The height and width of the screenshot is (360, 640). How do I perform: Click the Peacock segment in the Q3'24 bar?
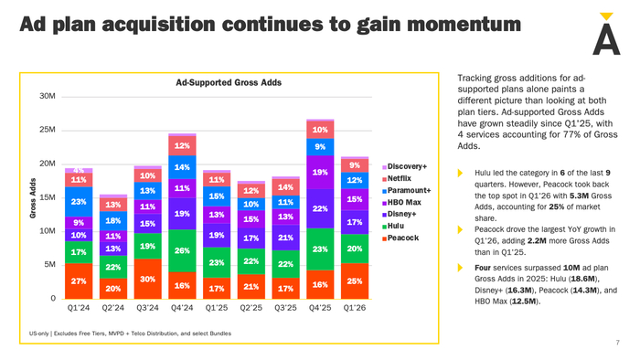coord(147,279)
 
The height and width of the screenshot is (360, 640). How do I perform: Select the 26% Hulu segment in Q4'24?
coord(182,250)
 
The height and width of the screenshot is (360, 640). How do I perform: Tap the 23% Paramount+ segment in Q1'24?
coord(79,202)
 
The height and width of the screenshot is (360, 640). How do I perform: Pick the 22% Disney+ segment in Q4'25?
coord(320,208)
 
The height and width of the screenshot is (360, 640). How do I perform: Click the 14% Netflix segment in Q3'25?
coord(285,187)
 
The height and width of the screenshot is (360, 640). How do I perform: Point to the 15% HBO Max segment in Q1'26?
coord(355,199)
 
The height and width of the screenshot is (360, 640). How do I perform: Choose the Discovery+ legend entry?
coord(404,166)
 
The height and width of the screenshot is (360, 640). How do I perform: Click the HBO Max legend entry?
coord(401,202)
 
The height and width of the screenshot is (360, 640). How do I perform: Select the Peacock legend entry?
coord(400,238)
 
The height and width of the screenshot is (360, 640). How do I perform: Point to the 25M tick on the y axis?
coord(48,130)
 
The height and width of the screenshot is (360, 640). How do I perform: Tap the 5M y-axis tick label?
coord(49,265)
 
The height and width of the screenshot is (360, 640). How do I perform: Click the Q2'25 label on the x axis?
coord(251,308)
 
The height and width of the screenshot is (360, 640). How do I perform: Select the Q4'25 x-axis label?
coord(320,308)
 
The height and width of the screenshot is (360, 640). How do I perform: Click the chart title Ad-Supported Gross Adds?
coord(229,83)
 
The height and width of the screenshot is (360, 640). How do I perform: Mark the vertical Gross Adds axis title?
coord(33,198)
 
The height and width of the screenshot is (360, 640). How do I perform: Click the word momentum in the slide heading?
coord(464,25)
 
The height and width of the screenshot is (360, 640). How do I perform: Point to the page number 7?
coord(617,343)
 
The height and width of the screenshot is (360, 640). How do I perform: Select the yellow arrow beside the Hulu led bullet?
coord(460,173)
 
